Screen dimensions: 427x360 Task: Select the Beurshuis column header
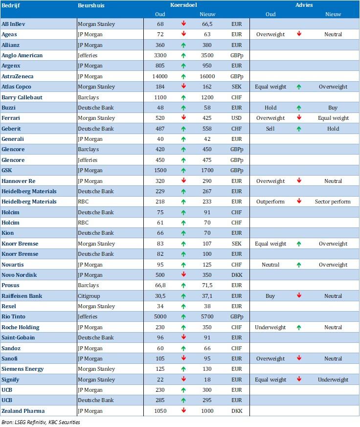coord(91,5)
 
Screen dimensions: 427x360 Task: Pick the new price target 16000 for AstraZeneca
coord(207,76)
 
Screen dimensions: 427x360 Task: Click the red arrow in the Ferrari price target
coord(183,118)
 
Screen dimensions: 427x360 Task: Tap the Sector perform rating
coord(333,202)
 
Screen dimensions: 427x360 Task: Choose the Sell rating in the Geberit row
coord(270,129)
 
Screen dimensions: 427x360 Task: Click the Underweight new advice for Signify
coord(333,380)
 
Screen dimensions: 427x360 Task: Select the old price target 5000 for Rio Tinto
coord(160,317)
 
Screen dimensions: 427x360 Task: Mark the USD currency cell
coord(237,118)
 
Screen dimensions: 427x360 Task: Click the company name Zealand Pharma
coord(22,411)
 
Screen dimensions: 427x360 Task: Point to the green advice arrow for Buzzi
coord(298,108)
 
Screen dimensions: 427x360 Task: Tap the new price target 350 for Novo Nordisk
coord(207,275)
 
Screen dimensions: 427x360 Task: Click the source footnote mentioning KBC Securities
coord(41,422)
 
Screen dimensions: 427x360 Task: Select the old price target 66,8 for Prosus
coord(160,285)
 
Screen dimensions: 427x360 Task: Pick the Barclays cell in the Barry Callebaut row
coord(89,97)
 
